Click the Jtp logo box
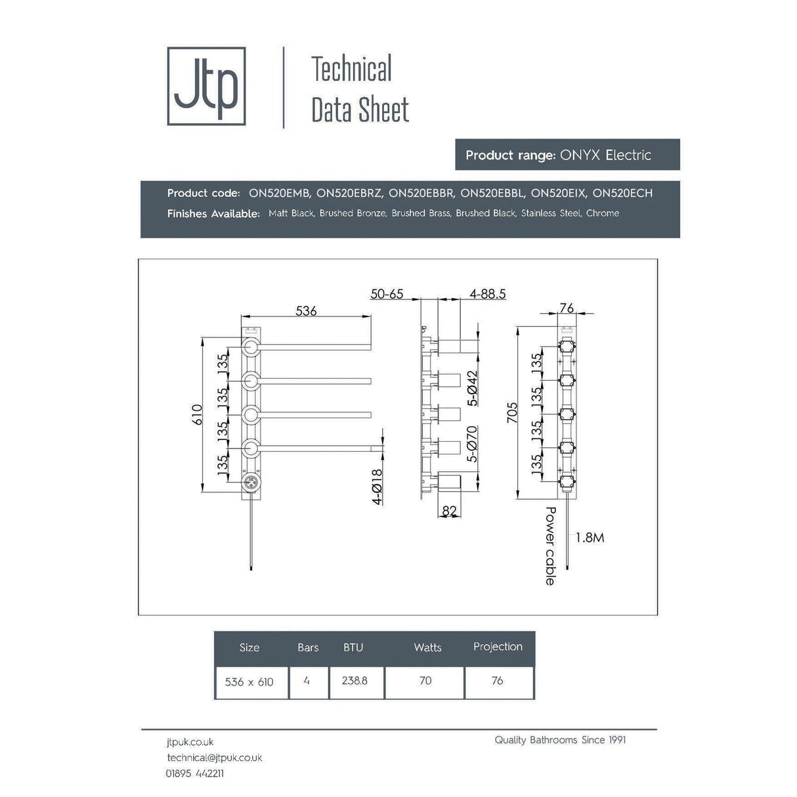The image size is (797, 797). coord(206,86)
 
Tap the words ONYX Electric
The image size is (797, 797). coord(605,155)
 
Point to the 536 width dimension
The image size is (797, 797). coord(306,311)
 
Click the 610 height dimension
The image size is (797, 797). coord(197,414)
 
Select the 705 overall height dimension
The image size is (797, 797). coord(512,412)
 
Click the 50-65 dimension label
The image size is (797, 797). coord(387,294)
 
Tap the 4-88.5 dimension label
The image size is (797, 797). coord(487,294)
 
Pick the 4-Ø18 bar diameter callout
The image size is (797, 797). coord(377,486)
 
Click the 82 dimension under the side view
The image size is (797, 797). coord(450,511)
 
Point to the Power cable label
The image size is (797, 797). coord(550,546)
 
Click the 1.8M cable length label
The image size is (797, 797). coord(590,538)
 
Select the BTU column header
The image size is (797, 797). coord(353,647)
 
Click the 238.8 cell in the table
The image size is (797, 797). coord(355,681)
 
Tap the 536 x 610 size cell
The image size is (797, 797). coord(249,681)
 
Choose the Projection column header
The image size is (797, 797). coord(498,647)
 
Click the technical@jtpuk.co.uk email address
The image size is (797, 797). coord(214,758)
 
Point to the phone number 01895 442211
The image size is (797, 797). coord(194,773)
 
